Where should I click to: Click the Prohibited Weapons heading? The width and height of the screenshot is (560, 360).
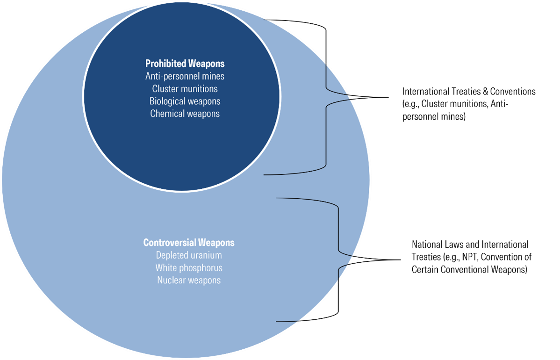pos(185,63)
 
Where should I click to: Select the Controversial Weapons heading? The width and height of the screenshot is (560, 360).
pos(188,243)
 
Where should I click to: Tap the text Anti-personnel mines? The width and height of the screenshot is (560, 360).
pos(185,76)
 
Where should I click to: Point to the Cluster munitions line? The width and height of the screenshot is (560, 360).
pos(185,88)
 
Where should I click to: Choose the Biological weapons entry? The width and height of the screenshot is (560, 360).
pos(185,101)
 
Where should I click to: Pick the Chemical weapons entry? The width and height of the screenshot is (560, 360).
pos(185,114)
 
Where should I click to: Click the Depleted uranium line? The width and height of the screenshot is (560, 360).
pos(188,255)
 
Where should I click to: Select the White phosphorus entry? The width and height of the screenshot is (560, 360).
pos(188,268)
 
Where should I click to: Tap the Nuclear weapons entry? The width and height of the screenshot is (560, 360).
pos(188,281)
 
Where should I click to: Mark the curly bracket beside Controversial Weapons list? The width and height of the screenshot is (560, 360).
pos(337,259)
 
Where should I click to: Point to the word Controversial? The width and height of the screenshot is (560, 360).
pos(169,243)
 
